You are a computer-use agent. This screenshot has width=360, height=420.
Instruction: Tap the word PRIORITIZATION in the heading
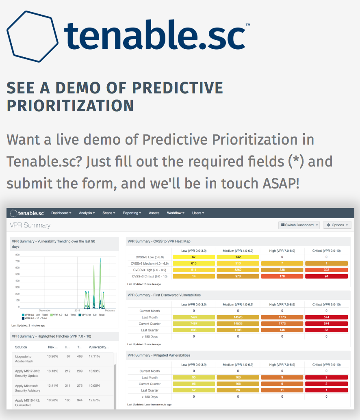pos(70,106)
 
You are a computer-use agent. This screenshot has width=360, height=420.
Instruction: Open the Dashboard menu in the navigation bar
pos(61,213)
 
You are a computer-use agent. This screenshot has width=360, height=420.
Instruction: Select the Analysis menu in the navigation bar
pos(87,213)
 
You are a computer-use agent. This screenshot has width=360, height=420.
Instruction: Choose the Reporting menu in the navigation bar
pos(132,213)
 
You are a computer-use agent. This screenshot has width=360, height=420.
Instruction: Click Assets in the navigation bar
pos(154,213)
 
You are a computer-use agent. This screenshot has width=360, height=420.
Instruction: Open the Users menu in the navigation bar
pos(198,213)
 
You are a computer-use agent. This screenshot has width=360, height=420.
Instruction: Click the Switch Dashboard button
pos(299,225)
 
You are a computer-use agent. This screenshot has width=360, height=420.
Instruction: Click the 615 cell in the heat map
pos(193,264)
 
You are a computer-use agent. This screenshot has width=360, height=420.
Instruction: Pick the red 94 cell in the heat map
pos(326,277)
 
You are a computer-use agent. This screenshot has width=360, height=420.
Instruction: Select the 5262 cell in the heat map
pos(238,270)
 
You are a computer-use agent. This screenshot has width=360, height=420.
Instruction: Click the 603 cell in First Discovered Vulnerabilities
pos(193,330)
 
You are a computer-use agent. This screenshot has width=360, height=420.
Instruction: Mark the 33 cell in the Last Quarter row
pos(326,330)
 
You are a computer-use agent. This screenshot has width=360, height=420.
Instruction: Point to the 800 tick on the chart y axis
pos(17,255)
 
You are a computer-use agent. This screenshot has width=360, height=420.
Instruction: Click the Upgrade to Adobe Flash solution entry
pos(25,359)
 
